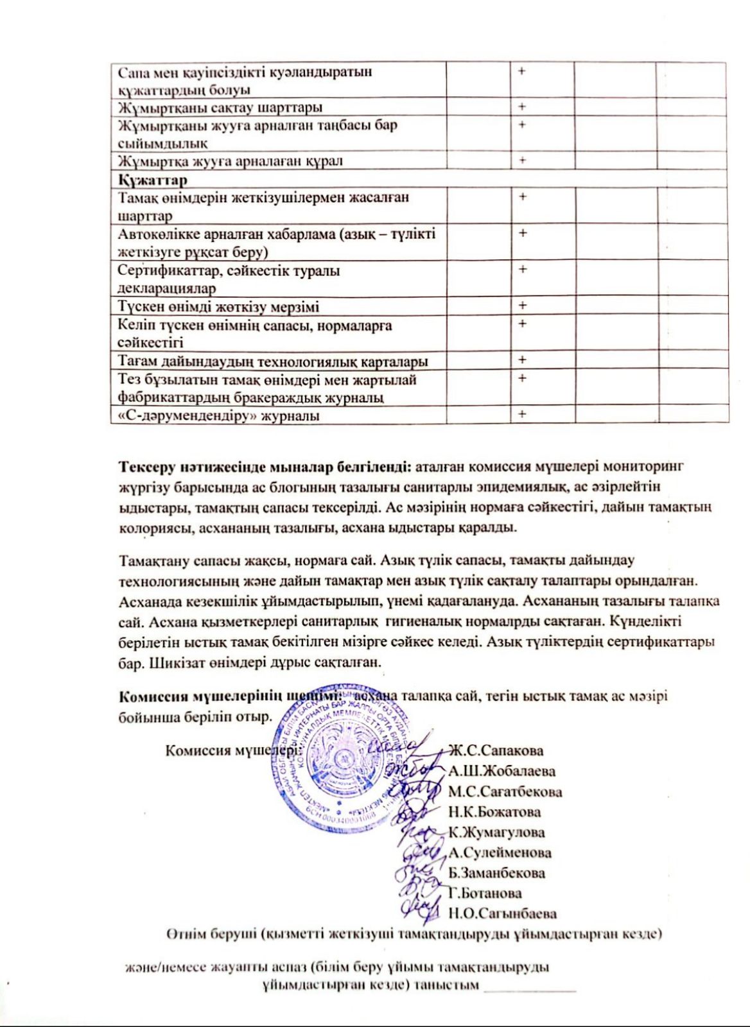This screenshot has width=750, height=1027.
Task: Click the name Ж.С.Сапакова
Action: tap(496, 750)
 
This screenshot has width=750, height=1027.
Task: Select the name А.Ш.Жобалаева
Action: tap(502, 771)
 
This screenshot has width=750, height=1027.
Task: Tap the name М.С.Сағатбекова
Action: tap(505, 791)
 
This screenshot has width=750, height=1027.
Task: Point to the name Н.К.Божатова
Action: tap(494, 812)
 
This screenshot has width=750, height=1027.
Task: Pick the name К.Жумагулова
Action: tap(497, 833)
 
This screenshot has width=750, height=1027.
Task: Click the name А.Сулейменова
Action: tap(500, 853)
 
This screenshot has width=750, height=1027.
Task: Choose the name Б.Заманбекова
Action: tap(498, 873)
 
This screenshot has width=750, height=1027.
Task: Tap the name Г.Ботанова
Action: tap(485, 893)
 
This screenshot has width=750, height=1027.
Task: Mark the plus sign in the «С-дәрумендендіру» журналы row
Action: tap(522, 415)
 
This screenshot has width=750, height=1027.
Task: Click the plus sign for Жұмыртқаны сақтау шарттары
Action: tap(522, 107)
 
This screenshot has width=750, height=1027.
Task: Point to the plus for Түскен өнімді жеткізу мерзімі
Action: tap(522, 306)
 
